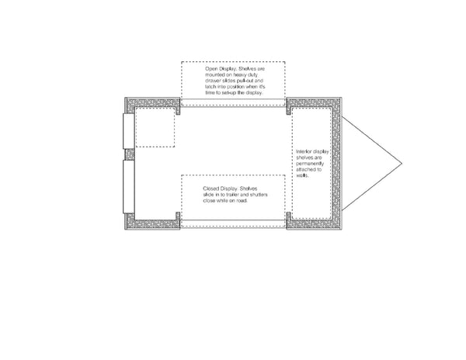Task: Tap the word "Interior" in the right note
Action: [x=306, y=151]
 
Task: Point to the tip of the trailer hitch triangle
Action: [x=401, y=163]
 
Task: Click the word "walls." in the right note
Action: [x=303, y=175]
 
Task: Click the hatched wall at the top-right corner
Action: [x=315, y=103]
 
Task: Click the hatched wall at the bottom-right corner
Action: [x=315, y=223]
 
